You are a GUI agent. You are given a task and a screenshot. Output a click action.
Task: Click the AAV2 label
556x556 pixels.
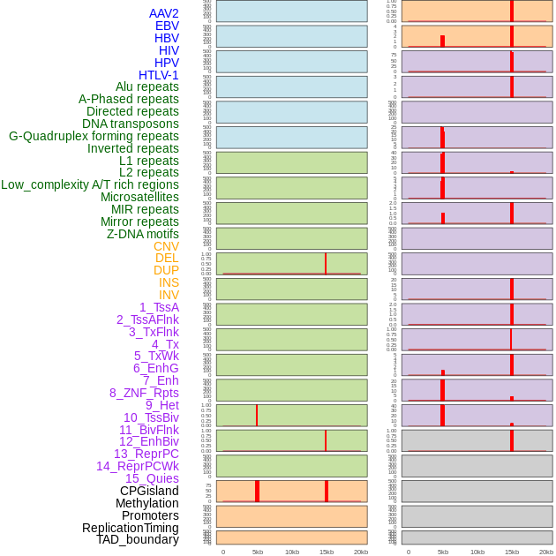(163, 13)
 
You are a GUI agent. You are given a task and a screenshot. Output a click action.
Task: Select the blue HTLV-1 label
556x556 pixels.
(158, 75)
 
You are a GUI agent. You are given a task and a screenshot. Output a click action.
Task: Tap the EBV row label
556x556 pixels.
(167, 26)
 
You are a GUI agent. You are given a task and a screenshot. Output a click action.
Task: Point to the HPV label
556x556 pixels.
(166, 63)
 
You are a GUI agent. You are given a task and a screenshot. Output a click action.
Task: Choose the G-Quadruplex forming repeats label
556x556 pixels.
(94, 136)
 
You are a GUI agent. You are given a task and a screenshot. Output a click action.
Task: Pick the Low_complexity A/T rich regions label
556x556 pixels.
(89, 184)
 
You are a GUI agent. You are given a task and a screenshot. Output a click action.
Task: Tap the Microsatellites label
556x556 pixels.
(139, 197)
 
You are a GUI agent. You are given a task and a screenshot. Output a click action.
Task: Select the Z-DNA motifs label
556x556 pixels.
(142, 234)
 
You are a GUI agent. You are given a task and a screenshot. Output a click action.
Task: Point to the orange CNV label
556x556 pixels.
(166, 246)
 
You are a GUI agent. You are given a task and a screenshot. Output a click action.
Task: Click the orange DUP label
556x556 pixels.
(166, 270)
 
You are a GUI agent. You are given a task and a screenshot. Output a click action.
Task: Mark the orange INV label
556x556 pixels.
(169, 295)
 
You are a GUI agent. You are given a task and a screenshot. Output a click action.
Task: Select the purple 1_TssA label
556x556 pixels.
(159, 307)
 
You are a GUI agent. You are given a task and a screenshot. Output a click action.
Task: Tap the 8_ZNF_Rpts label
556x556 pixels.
(144, 393)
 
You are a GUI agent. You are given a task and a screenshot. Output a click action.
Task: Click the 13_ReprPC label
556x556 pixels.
(146, 454)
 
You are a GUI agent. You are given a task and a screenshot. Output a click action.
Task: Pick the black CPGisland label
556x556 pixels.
(149, 491)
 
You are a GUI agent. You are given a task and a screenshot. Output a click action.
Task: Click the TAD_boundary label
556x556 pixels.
(137, 539)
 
